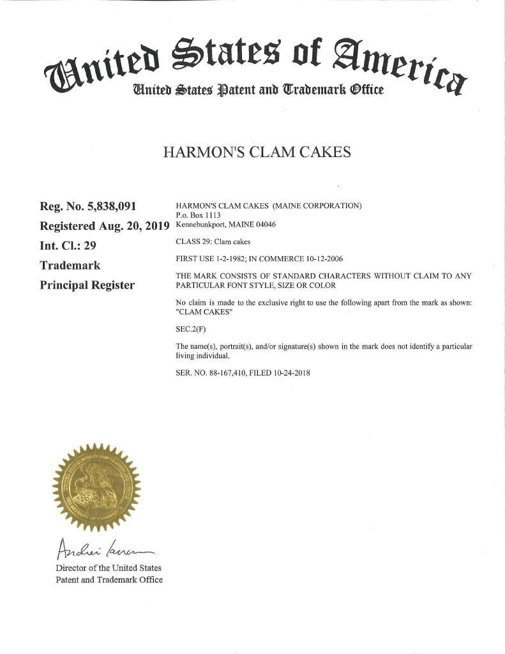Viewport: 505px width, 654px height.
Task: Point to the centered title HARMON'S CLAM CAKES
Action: pyautogui.click(x=257, y=153)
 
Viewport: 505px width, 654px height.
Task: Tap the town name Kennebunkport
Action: pyautogui.click(x=201, y=225)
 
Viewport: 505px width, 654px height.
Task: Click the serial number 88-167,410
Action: pyautogui.click(x=230, y=372)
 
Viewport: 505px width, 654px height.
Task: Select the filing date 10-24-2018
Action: pyautogui.click(x=289, y=372)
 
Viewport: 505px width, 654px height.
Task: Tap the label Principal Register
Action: pyautogui.click(x=87, y=285)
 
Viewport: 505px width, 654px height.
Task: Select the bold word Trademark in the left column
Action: pyautogui.click(x=70, y=265)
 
